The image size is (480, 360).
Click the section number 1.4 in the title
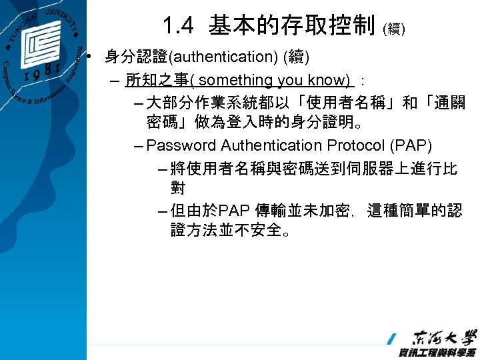tap(178, 26)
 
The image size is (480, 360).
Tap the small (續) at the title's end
tap(393, 29)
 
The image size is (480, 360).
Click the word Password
tap(181, 145)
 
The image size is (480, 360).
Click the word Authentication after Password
tap(272, 145)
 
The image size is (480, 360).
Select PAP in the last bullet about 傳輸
tap(233, 210)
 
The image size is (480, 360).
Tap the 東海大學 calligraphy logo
tap(444, 337)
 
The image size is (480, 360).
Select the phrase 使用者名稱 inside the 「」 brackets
tap(340, 103)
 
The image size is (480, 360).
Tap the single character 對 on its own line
tap(178, 188)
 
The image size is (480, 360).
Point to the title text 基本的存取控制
tap(291, 26)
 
